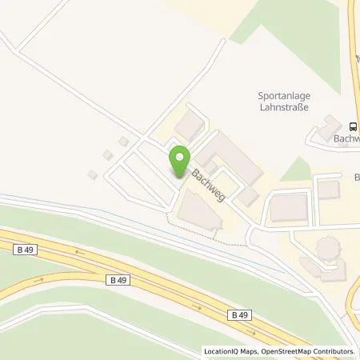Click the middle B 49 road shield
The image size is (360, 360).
point(118,279)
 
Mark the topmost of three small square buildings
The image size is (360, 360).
point(124,142)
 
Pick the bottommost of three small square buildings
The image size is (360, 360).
point(93,174)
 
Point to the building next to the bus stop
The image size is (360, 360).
point(329,127)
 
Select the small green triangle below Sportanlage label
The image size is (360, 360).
point(297,169)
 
